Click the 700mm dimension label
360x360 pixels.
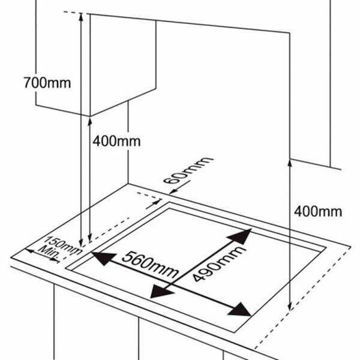(x=46, y=82)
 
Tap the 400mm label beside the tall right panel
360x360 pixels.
(x=318, y=211)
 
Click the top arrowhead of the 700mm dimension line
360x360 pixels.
(x=80, y=17)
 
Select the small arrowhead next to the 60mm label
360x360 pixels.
(x=173, y=192)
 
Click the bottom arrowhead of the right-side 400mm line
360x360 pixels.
(x=290, y=307)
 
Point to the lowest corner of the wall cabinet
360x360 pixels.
(x=90, y=115)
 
